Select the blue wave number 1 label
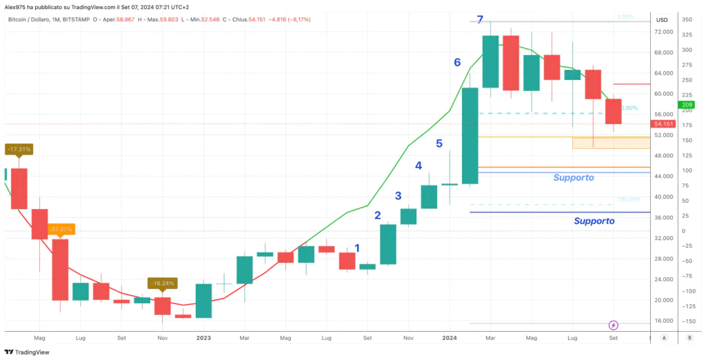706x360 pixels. (356, 248)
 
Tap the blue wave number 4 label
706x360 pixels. (418, 166)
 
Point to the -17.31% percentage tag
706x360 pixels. (19, 149)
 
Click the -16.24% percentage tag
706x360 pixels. (163, 283)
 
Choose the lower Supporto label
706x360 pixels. (594, 221)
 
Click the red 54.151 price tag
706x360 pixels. (665, 124)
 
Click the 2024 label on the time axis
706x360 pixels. (449, 339)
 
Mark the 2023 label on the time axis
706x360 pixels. (203, 339)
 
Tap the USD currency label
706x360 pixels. (663, 20)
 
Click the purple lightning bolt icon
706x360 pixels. (614, 325)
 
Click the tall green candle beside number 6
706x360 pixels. (470, 136)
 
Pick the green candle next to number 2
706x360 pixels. (388, 244)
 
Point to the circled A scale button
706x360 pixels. (663, 339)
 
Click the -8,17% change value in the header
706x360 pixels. (297, 20)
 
